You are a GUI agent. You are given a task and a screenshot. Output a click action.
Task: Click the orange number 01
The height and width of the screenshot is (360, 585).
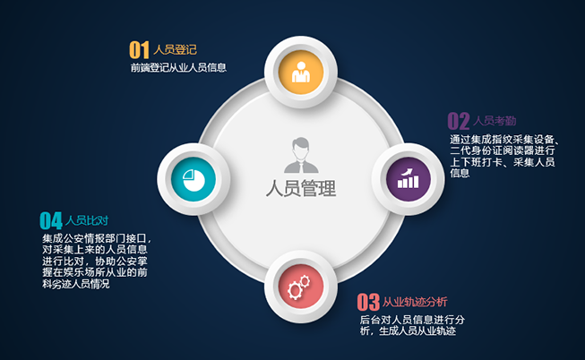pyautogui.click(x=139, y=50)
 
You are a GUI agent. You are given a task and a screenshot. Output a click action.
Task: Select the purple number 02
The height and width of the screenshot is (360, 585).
pyautogui.click(x=459, y=121)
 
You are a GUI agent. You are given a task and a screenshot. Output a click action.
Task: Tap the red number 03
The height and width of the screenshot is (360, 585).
pyautogui.click(x=368, y=302)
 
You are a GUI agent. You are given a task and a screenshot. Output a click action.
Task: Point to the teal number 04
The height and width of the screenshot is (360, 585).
pyautogui.click(x=51, y=220)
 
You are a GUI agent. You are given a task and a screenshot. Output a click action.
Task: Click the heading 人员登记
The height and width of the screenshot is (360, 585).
pyautogui.click(x=175, y=49)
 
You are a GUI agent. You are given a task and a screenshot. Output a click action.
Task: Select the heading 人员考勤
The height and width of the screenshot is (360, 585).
pyautogui.click(x=495, y=121)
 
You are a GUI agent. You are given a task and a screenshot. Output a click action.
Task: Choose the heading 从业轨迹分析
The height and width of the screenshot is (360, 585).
pyautogui.click(x=415, y=302)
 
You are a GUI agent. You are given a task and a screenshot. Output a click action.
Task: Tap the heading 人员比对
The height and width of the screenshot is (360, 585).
pyautogui.click(x=87, y=220)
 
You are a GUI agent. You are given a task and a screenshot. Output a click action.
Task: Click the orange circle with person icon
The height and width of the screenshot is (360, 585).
pyautogui.click(x=301, y=72)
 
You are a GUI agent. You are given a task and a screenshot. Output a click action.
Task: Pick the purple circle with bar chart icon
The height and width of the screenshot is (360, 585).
pyautogui.click(x=409, y=179)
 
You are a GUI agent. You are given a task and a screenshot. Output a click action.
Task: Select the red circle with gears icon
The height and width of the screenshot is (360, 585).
pyautogui.click(x=301, y=287)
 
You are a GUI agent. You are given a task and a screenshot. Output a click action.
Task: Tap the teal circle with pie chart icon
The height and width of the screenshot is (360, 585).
pyautogui.click(x=194, y=179)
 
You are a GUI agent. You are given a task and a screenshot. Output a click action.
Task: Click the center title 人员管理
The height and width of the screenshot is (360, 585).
pyautogui.click(x=301, y=188)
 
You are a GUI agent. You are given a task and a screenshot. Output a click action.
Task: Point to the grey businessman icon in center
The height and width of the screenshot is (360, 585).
pyautogui.click(x=301, y=155)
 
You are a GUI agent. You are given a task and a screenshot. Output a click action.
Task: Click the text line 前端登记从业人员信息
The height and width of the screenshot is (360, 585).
pyautogui.click(x=178, y=67)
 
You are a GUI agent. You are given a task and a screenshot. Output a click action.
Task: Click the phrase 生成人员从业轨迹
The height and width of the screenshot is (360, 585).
pyautogui.click(x=417, y=331)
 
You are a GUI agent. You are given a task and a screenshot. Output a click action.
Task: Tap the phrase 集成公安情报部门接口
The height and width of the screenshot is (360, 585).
pyautogui.click(x=95, y=238)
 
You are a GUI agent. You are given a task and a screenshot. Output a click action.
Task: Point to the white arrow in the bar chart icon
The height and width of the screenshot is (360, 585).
pyautogui.click(x=407, y=172)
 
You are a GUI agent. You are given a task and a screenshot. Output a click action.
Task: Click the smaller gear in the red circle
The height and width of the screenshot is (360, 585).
pyautogui.click(x=305, y=281)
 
